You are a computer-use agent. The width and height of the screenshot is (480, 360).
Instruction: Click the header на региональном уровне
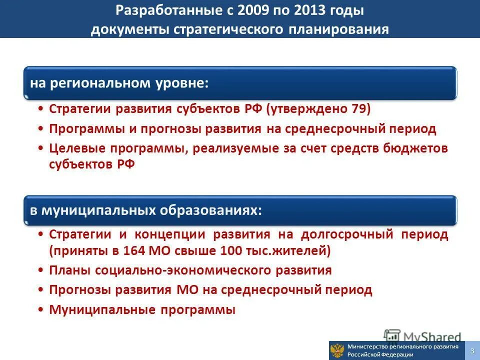[119, 82]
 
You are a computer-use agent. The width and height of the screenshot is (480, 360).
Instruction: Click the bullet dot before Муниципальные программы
[40, 309]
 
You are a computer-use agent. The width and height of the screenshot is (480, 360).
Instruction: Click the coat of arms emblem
[337, 350]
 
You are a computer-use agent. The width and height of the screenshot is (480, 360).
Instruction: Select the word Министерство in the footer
[370, 346]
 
